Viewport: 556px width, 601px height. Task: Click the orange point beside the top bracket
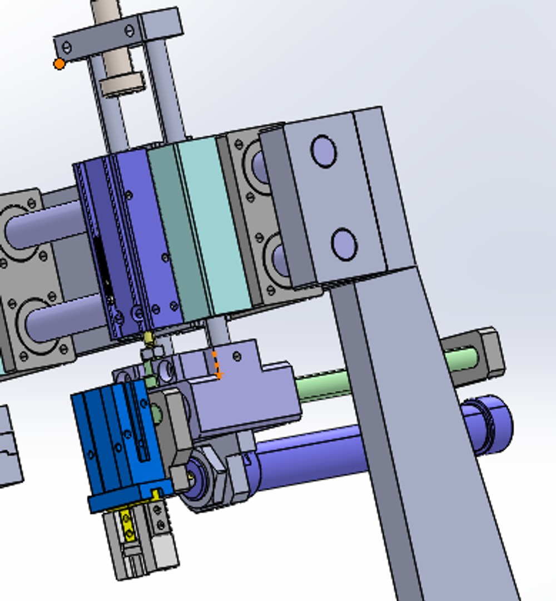click(59, 64)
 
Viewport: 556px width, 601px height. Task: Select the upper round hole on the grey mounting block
click(324, 151)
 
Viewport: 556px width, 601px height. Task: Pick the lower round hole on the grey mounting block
click(344, 244)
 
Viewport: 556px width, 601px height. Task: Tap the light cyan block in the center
click(214, 223)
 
